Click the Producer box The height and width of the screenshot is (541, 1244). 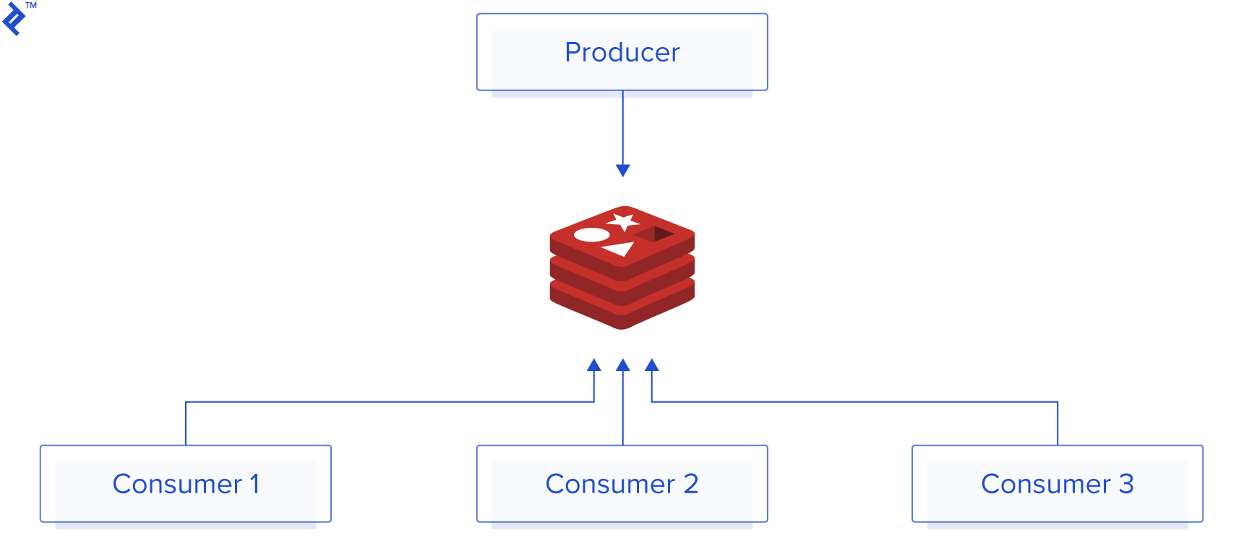click(622, 52)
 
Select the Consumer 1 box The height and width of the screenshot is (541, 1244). click(186, 483)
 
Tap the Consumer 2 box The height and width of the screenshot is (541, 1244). click(622, 483)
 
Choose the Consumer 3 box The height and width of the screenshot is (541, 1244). click(1057, 483)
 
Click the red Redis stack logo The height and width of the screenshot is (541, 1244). click(622, 268)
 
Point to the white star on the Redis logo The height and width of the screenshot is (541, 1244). click(623, 221)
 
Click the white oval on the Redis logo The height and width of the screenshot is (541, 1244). click(592, 235)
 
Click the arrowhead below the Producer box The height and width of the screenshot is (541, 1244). click(622, 170)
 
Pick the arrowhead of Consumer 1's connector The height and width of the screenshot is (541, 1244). click(594, 365)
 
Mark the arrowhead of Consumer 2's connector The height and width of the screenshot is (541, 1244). click(622, 365)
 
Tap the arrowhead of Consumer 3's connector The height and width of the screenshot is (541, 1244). click(651, 365)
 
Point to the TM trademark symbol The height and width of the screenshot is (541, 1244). click(31, 6)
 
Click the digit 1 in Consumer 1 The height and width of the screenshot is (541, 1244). click(254, 483)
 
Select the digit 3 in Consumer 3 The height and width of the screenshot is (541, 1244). click(1126, 483)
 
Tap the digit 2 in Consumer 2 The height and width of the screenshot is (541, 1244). click(690, 483)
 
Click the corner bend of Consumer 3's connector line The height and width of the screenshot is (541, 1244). click(1057, 402)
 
